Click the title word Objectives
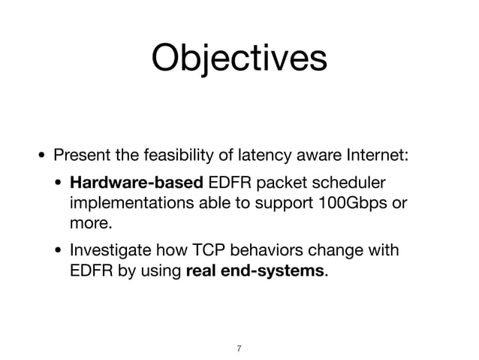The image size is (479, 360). coord(239,58)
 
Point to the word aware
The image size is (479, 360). coord(314,156)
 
